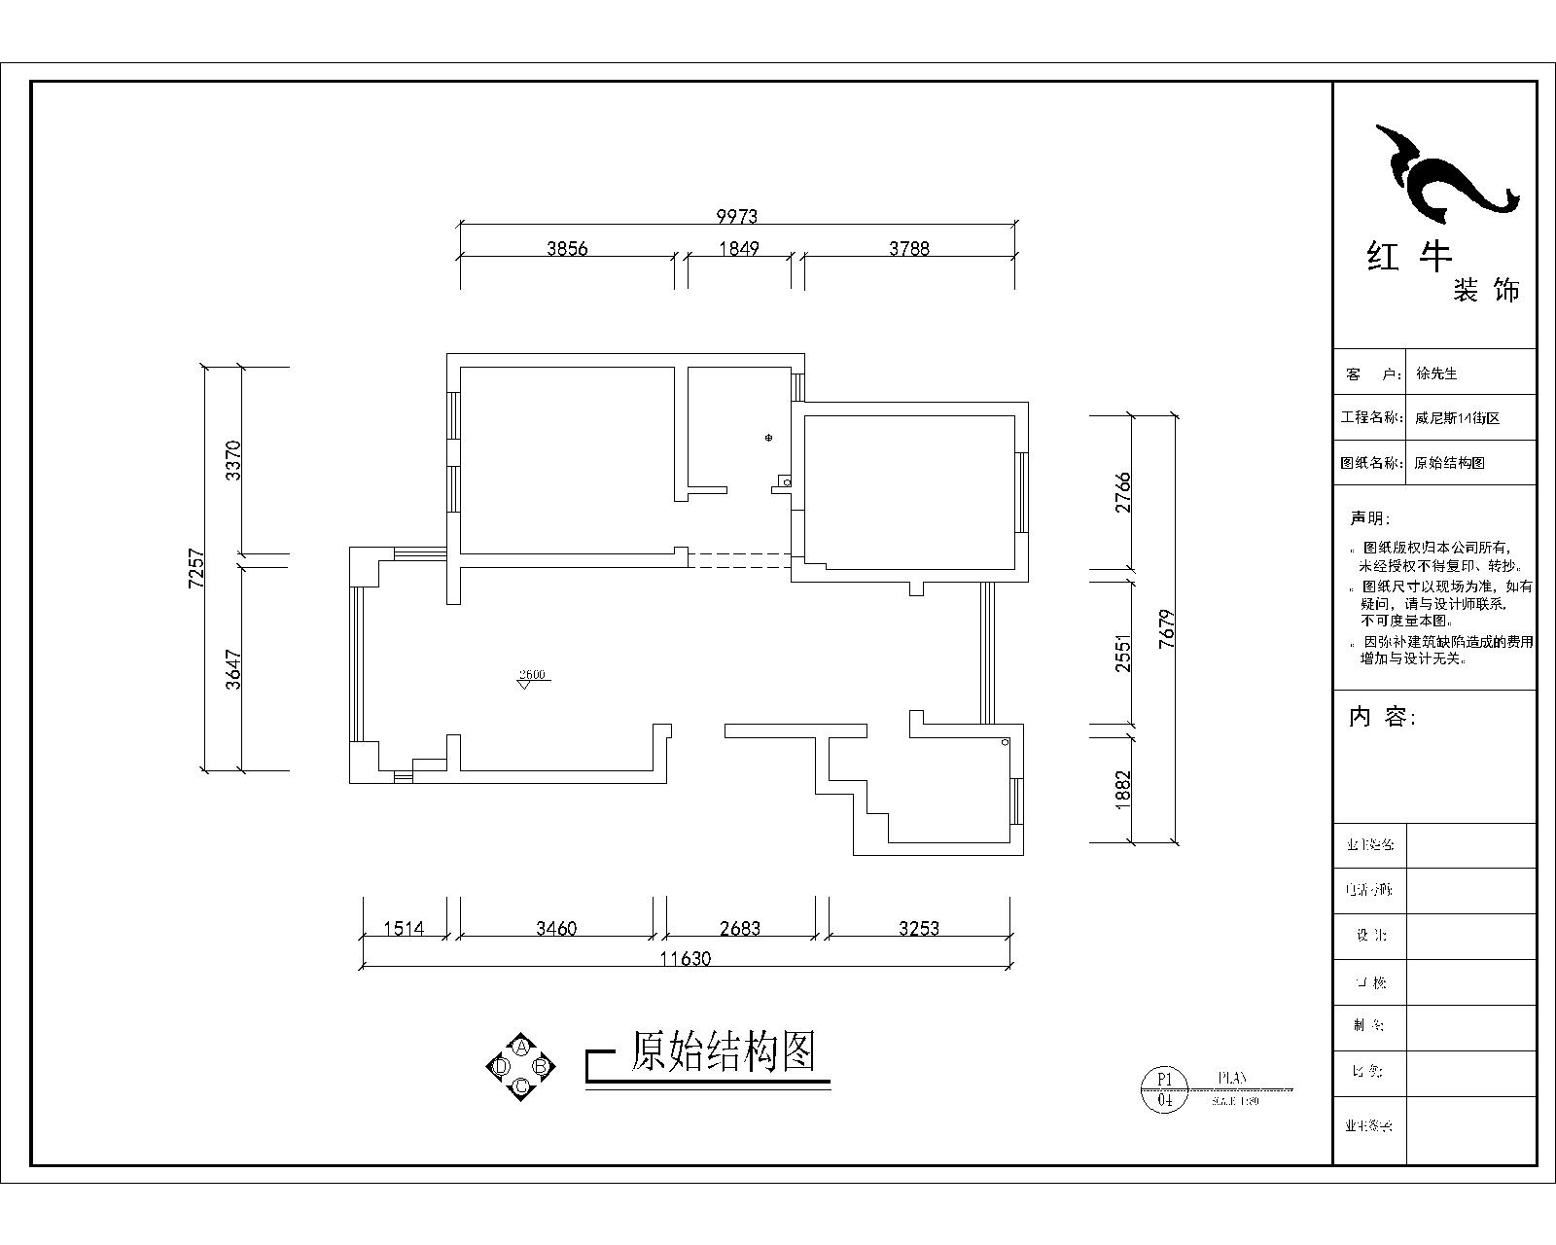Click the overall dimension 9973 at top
[736, 216]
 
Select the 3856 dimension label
[567, 248]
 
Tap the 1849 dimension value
[738, 248]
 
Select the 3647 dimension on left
[232, 669]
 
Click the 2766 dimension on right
[1123, 492]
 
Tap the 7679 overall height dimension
[1168, 629]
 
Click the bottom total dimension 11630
[686, 958]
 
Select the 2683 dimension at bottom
[740, 929]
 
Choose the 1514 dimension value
[404, 929]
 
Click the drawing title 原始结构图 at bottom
[722, 1051]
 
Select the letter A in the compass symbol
[521, 1047]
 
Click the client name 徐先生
[1436, 373]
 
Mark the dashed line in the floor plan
[739, 560]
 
